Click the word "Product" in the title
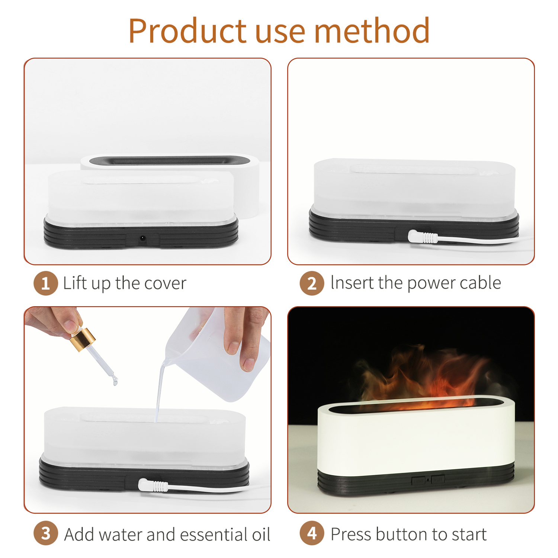pos(187,31)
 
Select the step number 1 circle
pos(46,283)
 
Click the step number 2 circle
pos(312,283)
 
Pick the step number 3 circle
pos(46,534)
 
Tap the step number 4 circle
pos(312,534)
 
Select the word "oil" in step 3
pos(261,534)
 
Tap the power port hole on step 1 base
pos(142,238)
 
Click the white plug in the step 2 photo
pos(423,237)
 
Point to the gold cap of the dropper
pos(83,339)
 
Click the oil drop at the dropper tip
pos(115,381)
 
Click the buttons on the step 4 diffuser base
pos(428,480)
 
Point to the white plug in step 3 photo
pos(153,485)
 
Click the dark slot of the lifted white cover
pos(169,161)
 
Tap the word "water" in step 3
pos(121,534)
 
